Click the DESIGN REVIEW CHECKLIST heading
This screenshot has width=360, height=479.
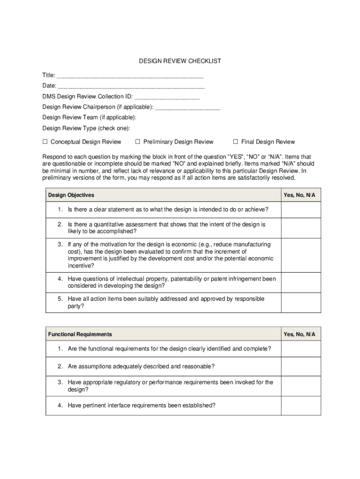pyautogui.click(x=180, y=61)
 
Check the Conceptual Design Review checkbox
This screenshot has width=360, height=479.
pyautogui.click(x=45, y=142)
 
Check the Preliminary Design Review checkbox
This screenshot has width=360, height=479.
pyautogui.click(x=138, y=142)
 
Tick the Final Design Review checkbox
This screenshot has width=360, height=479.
pyautogui.click(x=236, y=142)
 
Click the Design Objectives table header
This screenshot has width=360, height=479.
pyautogui.click(x=71, y=195)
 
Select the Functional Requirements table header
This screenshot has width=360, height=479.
pyautogui.click(x=80, y=334)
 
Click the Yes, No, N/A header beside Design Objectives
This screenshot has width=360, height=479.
pyautogui.click(x=300, y=195)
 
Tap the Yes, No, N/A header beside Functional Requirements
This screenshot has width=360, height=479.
pyautogui.click(x=300, y=334)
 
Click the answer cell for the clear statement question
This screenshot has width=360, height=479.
pyautogui.click(x=301, y=210)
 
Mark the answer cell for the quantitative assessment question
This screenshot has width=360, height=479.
pyautogui.click(x=301, y=228)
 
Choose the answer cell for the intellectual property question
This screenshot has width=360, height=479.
pyautogui.click(x=301, y=282)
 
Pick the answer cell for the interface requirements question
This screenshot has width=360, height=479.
pyautogui.click(x=301, y=406)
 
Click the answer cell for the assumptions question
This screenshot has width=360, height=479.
pyautogui.click(x=301, y=366)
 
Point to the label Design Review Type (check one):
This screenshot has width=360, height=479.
pyautogui.click(x=86, y=128)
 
